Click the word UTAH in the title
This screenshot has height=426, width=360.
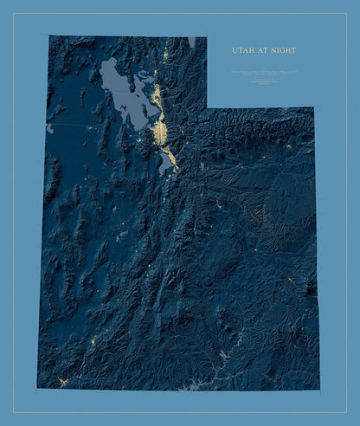coord(241,50)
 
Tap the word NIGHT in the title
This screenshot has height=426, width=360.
coord(281,50)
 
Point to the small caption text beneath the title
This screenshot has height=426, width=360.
coord(264,76)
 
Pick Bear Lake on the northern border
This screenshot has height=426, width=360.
coord(190,41)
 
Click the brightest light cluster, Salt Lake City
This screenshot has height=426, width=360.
coord(159,131)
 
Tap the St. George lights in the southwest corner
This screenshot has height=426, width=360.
coord(61,381)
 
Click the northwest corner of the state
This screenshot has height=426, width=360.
coord(49,35)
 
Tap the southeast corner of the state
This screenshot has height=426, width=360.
coord(319,389)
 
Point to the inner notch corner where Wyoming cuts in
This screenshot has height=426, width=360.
coord(208,107)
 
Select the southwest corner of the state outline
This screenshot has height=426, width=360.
coord(37,387)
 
